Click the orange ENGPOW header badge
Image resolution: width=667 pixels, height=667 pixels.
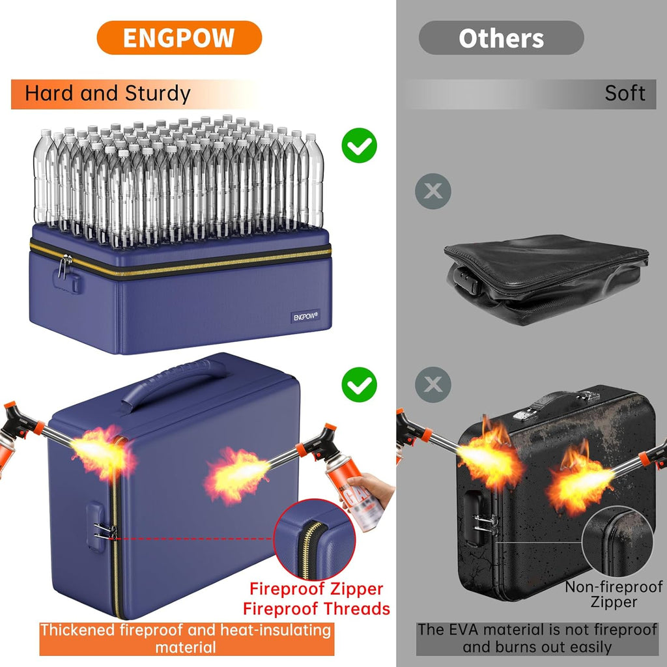(x=179, y=37)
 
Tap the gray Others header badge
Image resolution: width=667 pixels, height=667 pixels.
(x=501, y=38)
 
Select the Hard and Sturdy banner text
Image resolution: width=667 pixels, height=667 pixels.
(x=107, y=94)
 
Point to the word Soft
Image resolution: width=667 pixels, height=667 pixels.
(x=625, y=93)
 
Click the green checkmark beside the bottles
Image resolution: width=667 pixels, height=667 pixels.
(x=360, y=145)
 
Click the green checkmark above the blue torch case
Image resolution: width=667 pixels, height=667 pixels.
(x=360, y=384)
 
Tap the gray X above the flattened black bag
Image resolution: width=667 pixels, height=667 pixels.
(x=433, y=191)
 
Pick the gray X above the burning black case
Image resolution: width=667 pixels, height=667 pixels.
(x=433, y=384)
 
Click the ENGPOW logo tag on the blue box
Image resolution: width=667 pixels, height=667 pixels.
(x=305, y=316)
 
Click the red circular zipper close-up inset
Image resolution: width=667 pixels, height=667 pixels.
(x=315, y=539)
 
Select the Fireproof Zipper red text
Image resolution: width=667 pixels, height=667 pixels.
(x=316, y=589)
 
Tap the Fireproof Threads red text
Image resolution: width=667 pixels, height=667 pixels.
(x=317, y=609)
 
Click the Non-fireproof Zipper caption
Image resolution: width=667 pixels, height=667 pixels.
(x=614, y=595)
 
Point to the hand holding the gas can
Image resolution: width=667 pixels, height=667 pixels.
(x=369, y=489)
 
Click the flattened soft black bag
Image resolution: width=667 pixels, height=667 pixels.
(x=546, y=279)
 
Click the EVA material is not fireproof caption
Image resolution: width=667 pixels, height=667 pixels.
(x=537, y=638)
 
